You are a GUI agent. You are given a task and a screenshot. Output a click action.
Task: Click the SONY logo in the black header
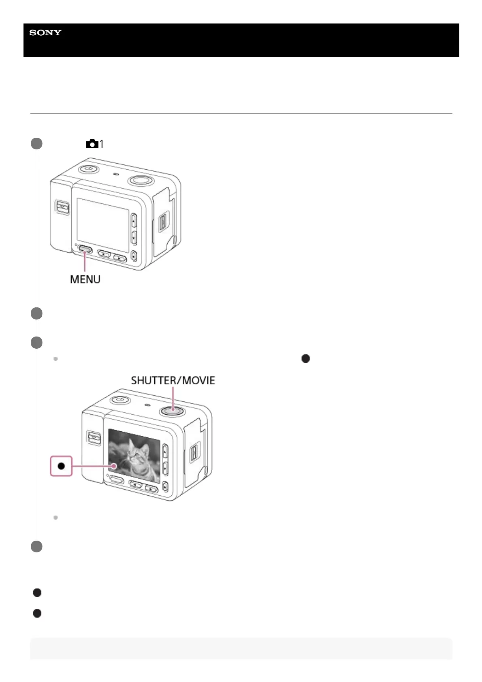tap(45, 33)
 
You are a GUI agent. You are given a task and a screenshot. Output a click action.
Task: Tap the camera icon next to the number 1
tap(92, 144)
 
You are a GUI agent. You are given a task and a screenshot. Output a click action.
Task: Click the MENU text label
tap(85, 279)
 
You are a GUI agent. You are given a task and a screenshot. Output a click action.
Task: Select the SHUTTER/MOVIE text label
tap(173, 380)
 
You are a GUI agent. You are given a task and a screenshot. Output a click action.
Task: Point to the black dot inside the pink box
tap(61, 466)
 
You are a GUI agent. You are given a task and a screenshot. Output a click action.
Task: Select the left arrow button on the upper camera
tap(105, 254)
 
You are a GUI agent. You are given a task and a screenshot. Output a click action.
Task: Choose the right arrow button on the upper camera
tap(119, 257)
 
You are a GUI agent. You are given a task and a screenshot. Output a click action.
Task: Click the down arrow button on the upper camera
tap(134, 237)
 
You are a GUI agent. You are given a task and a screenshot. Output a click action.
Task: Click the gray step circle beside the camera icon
tap(37, 144)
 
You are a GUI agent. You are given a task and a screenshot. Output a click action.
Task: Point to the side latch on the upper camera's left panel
tap(62, 207)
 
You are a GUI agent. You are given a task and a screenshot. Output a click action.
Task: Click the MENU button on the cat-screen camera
tap(117, 480)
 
